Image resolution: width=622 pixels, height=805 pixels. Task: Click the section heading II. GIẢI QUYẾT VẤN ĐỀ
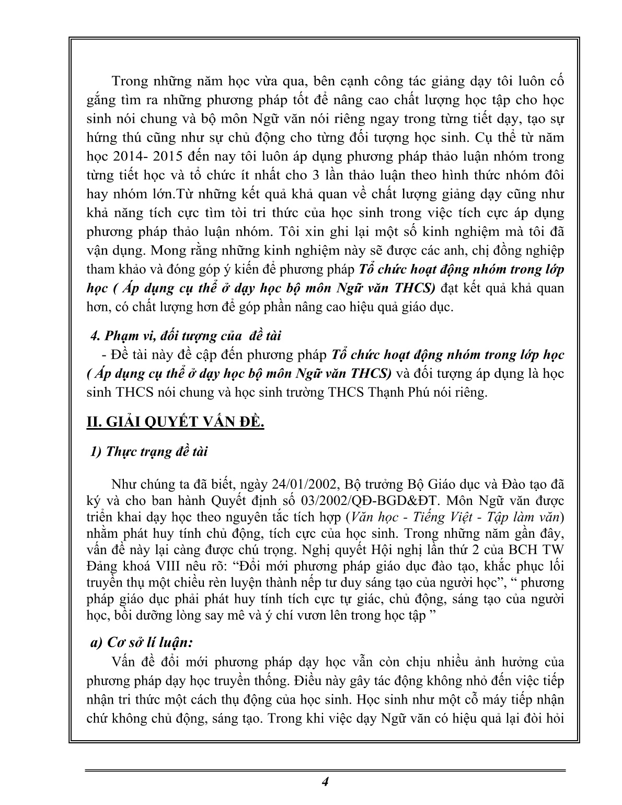tap(175, 422)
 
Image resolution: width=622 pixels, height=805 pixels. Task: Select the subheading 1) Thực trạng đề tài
tap(149, 451)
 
